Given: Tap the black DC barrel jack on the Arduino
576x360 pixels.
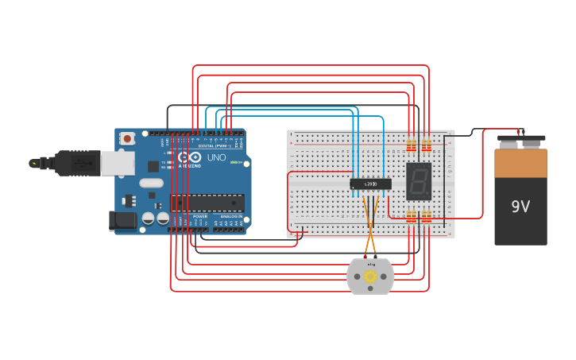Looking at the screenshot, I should tap(123, 220).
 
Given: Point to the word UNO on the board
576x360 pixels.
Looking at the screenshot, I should tap(216, 157).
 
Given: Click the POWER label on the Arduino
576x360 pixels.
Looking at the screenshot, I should tap(200, 216).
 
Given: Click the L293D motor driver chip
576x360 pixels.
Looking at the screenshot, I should tap(370, 184).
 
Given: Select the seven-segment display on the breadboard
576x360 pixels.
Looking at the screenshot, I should tap(419, 181).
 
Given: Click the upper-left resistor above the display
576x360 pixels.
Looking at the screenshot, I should tap(411, 145).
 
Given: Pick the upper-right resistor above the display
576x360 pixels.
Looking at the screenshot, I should tap(426, 145).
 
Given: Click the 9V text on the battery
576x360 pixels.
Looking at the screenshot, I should tap(520, 207).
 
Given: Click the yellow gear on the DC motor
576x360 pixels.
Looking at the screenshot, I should tap(370, 276).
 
